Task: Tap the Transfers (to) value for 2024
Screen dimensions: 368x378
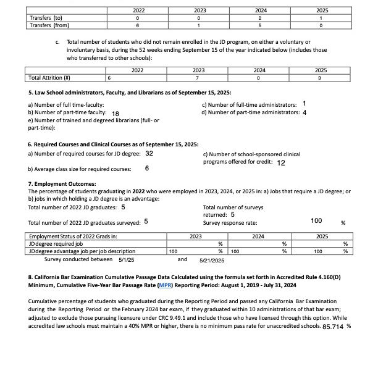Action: (260, 18)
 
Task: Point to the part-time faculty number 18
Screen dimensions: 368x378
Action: (115, 114)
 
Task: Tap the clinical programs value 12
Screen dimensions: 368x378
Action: (281, 163)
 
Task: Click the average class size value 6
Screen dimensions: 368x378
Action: (147, 168)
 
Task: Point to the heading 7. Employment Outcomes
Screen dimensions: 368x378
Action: (62, 184)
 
